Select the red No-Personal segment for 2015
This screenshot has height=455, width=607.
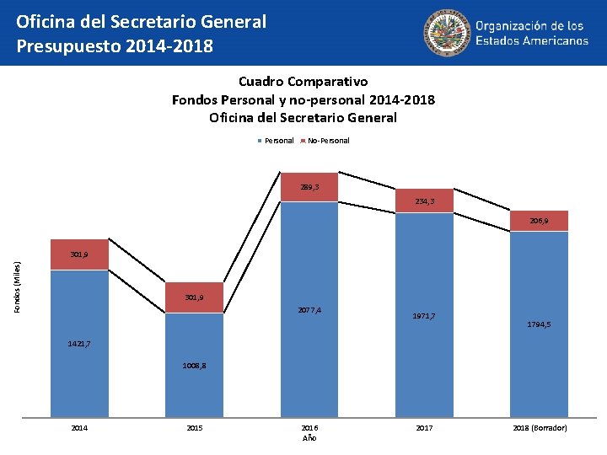tap(195, 297)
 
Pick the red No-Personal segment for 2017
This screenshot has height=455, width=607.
tap(425, 201)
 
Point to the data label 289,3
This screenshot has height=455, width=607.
tap(309, 187)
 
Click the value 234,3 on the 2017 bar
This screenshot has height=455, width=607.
tap(425, 201)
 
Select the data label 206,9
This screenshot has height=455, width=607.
tap(540, 221)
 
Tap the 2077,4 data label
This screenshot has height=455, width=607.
tap(309, 311)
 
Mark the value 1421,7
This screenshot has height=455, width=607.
tap(79, 344)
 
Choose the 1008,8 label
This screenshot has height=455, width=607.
tap(195, 366)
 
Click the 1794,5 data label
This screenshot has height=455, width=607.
tap(540, 324)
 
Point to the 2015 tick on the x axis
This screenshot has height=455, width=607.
tap(195, 428)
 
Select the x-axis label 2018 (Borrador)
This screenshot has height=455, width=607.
tap(540, 428)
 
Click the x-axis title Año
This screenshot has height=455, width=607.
tap(309, 438)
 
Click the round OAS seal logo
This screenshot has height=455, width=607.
tap(447, 33)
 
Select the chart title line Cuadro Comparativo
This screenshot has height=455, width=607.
tap(303, 82)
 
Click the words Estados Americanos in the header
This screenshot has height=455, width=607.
tap(532, 40)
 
